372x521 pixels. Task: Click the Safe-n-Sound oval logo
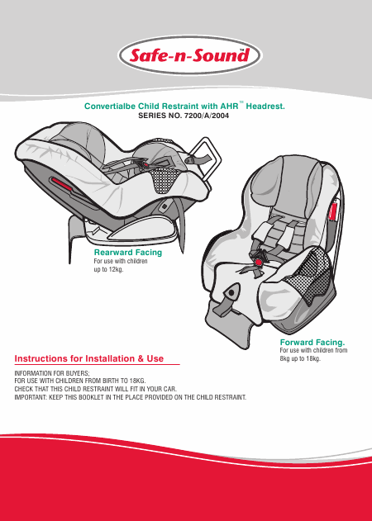pos(190,55)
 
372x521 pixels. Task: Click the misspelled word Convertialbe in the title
pos(110,107)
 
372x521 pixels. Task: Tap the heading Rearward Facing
pos(128,253)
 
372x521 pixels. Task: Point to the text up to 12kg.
pos(108,269)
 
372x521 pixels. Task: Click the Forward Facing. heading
pos(312,342)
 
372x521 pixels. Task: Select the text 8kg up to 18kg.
pos(300,359)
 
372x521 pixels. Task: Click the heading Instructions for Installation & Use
pos(89,359)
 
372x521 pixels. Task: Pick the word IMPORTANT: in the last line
pos(31,397)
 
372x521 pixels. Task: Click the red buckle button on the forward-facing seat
pos(258,263)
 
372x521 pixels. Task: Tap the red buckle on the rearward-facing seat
pos(145,164)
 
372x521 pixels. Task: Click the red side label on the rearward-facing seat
pos(61,184)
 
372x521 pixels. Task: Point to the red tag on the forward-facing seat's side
pos(334,211)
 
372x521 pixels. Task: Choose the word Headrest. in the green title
pos(265,107)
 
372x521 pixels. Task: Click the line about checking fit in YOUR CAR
pos(96,389)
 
